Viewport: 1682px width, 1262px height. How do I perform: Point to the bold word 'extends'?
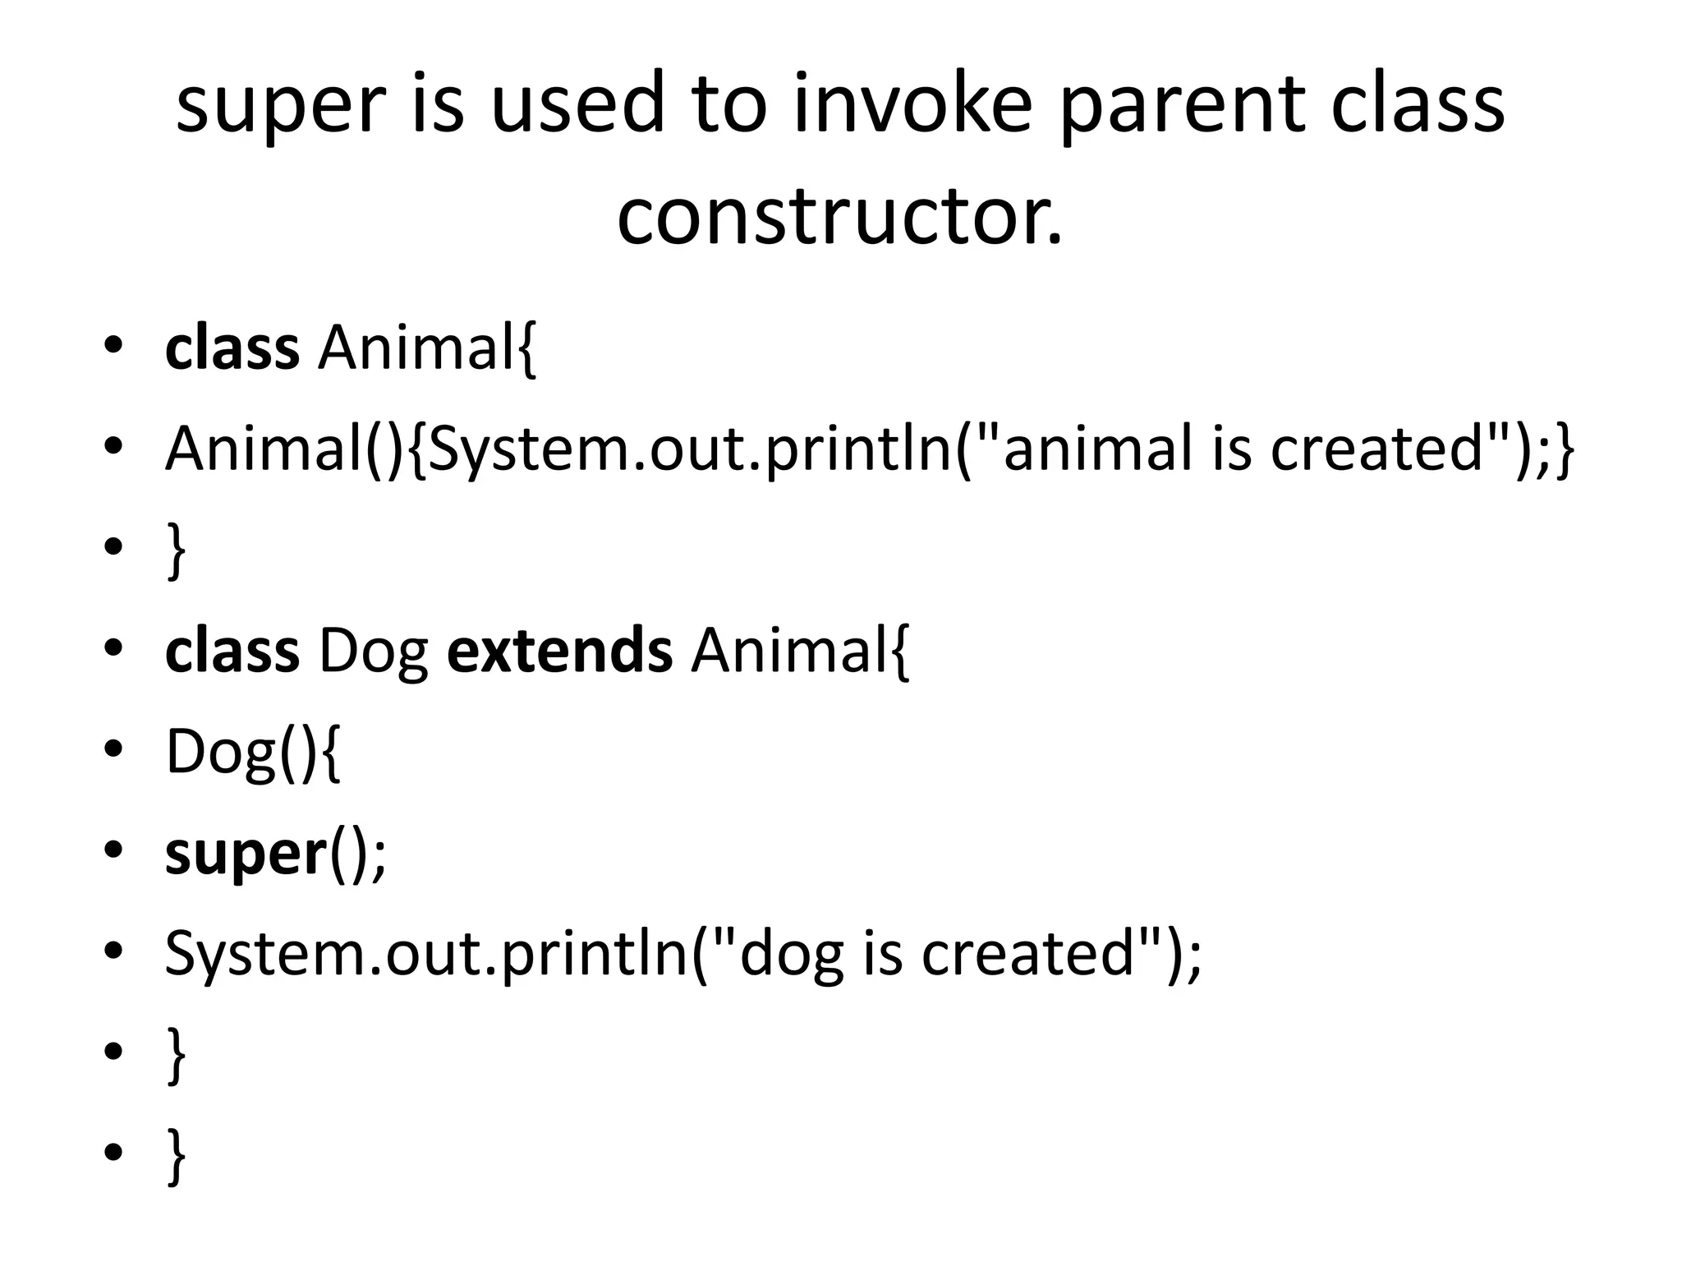559,651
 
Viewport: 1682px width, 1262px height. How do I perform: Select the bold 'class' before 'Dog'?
232,651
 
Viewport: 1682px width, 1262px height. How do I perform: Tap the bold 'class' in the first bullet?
232,348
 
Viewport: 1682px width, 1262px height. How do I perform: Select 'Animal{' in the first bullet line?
427,348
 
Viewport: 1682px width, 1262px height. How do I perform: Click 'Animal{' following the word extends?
801,651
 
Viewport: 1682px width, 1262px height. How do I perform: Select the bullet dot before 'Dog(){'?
113,749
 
